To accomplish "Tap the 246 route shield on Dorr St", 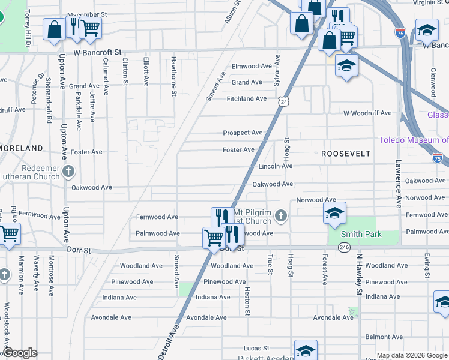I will [x=344, y=247].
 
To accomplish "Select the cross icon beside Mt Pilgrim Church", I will [x=280, y=215].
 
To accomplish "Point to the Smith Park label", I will [x=361, y=235].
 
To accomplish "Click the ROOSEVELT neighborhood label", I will [x=346, y=154].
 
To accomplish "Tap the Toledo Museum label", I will [x=414, y=140].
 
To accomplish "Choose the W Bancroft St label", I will [x=98, y=53].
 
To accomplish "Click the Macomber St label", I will [x=86, y=14].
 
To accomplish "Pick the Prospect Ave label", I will [x=243, y=133].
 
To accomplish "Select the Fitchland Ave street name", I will [x=246, y=98].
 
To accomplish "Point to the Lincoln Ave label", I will [x=275, y=166].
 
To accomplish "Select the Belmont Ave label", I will [x=382, y=337].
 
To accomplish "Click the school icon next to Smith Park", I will [x=334, y=212].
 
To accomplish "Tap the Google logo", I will [x=20, y=353].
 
